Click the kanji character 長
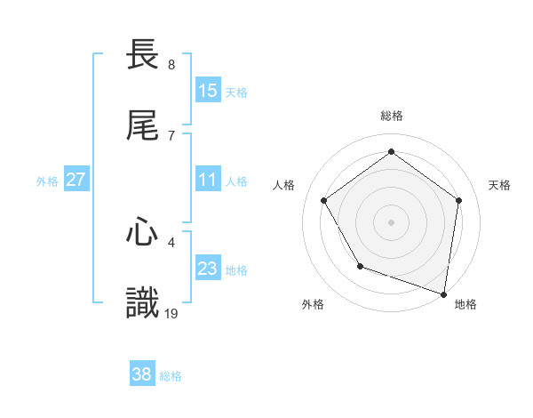pyautogui.click(x=143, y=55)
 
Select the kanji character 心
pyautogui.click(x=143, y=233)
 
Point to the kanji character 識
pyautogui.click(x=143, y=302)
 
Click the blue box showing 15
pyautogui.click(x=208, y=91)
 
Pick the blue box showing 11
pyautogui.click(x=208, y=181)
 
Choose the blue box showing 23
pyautogui.click(x=208, y=269)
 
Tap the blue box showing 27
pyautogui.click(x=76, y=181)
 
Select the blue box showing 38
pyautogui.click(x=141, y=375)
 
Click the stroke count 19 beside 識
pyautogui.click(x=172, y=313)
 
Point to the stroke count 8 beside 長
pyautogui.click(x=171, y=65)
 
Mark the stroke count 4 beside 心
pyautogui.click(x=171, y=241)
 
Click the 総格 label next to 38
pyautogui.click(x=171, y=376)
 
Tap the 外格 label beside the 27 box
pyautogui.click(x=47, y=181)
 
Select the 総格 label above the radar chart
pyautogui.click(x=392, y=116)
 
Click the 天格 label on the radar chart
pyautogui.click(x=499, y=185)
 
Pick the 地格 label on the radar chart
pyautogui.click(x=465, y=305)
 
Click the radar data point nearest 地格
pyautogui.click(x=444, y=293)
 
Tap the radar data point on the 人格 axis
pyautogui.click(x=324, y=200)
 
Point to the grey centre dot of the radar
pyautogui.click(x=392, y=221)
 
